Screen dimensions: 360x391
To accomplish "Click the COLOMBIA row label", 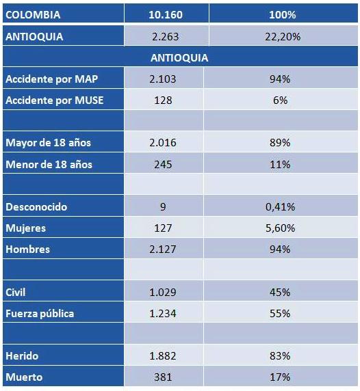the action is (x=33, y=15).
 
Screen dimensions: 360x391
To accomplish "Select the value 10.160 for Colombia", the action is (x=166, y=15).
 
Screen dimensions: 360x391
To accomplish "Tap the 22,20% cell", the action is (x=283, y=37).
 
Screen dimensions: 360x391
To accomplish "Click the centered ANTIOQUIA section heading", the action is (x=179, y=58).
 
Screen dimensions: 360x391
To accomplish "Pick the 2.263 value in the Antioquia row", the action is (x=165, y=37).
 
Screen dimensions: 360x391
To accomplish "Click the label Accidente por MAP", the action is (x=52, y=79).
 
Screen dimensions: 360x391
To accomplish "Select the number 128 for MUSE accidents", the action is (x=163, y=100).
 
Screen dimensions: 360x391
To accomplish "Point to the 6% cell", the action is (x=280, y=100).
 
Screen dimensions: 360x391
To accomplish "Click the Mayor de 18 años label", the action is (x=48, y=143).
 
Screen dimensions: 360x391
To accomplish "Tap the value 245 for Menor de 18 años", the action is (x=163, y=164).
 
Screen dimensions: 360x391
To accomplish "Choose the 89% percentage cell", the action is (x=280, y=143).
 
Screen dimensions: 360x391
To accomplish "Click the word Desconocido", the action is (x=36, y=206).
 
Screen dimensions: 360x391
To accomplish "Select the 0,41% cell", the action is (x=280, y=206).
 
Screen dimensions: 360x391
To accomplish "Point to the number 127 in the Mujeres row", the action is (x=163, y=228).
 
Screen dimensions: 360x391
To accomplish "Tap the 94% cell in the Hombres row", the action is (x=280, y=249).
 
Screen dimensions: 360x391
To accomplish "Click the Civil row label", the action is (x=15, y=292).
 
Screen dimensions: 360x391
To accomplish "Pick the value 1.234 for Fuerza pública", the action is (x=163, y=314).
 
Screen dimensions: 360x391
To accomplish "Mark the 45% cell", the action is (x=280, y=292).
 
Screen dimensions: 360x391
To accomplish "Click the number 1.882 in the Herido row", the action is (x=163, y=356).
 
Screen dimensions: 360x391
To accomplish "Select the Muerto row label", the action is (x=24, y=377).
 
